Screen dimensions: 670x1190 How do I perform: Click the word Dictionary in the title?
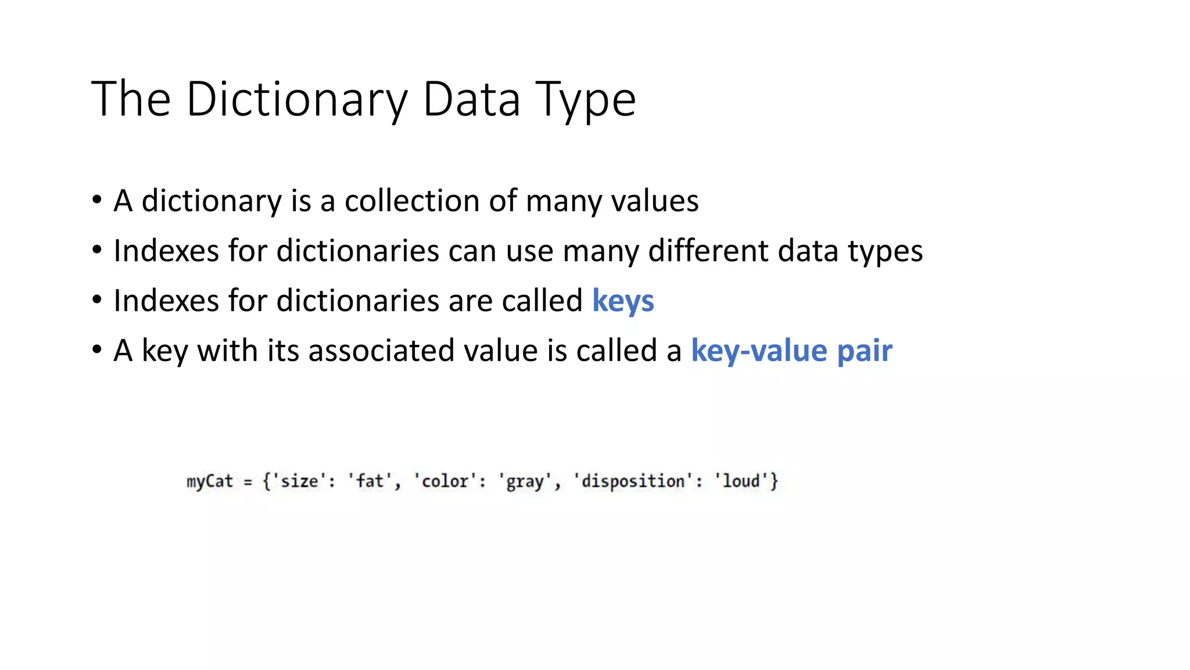297,99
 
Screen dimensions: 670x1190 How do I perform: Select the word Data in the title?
471,99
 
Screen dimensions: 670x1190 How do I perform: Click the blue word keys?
623,301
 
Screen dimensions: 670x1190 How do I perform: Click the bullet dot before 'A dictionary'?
97,200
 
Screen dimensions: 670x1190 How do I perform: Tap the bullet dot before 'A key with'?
97,350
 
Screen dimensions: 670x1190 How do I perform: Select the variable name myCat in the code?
209,482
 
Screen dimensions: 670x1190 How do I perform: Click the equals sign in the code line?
248,482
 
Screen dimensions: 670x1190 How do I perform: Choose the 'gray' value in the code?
525,482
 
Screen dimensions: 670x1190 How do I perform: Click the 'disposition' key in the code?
633,482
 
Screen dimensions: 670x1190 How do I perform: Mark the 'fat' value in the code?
370,482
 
